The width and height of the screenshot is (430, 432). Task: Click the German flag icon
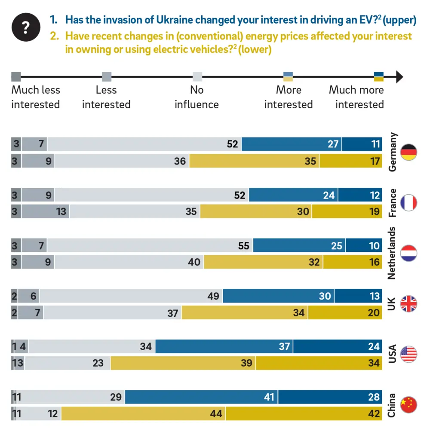click(408, 152)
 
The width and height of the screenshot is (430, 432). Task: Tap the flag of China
click(408, 405)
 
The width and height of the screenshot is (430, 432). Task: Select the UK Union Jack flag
click(408, 304)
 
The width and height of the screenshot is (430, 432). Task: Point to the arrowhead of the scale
click(399, 77)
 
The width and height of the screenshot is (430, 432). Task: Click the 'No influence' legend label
click(197, 97)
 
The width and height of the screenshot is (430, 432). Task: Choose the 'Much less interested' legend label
click(36, 97)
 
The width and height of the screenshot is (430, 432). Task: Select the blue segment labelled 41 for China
click(201, 397)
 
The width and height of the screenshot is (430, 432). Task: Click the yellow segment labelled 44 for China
click(143, 414)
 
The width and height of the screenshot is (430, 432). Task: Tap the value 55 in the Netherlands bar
click(243, 245)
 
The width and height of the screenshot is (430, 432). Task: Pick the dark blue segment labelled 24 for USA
click(338, 346)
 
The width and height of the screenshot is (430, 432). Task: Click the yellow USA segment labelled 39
click(183, 363)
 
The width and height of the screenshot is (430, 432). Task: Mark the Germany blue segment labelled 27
click(292, 144)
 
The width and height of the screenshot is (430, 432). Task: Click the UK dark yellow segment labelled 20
click(345, 313)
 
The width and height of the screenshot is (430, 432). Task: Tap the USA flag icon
click(408, 355)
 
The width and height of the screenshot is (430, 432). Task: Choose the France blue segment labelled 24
click(293, 195)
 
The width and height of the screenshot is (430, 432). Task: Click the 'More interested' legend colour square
click(288, 77)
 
